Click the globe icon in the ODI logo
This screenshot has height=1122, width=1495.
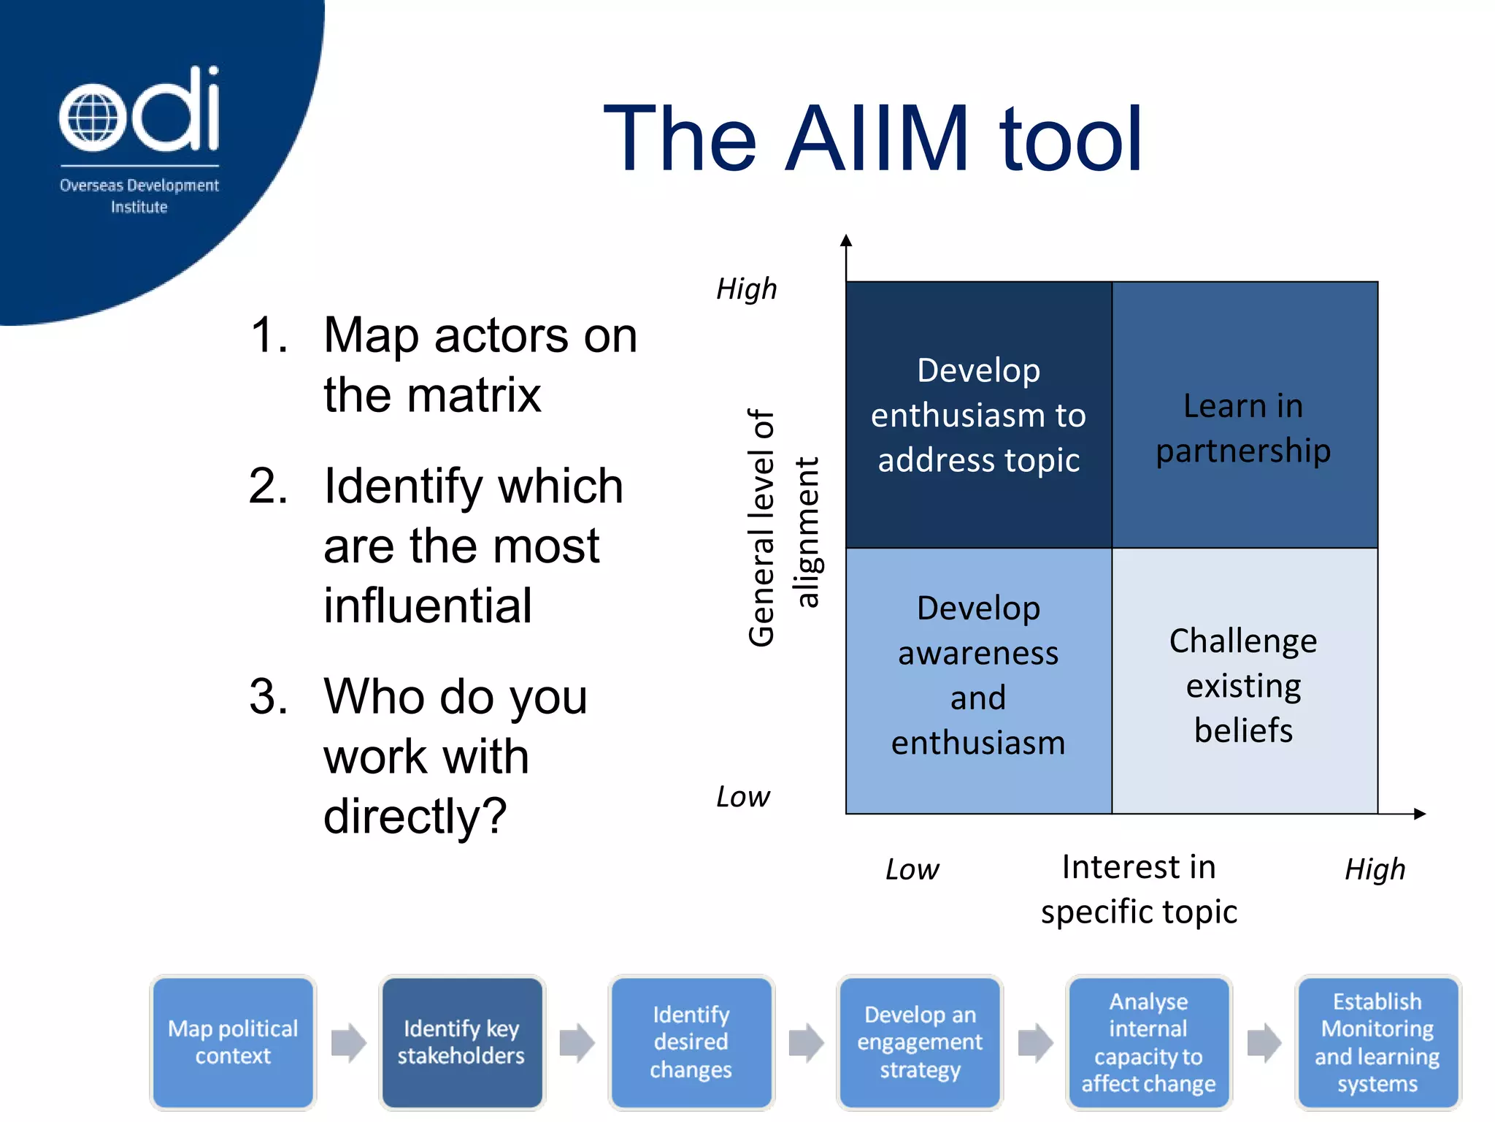[92, 117]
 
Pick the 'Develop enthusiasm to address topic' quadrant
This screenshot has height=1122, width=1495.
[978, 415]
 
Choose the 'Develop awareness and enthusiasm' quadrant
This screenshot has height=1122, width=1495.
[978, 676]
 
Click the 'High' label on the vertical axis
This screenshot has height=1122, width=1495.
[746, 289]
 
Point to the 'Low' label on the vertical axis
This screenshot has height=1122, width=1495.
[742, 797]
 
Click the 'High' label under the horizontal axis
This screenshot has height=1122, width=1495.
[1375, 869]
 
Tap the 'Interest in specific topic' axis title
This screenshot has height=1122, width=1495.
[1139, 889]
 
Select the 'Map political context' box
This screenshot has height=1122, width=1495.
[233, 1042]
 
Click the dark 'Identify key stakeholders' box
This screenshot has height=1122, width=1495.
[461, 1042]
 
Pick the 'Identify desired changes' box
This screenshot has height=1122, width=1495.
[691, 1042]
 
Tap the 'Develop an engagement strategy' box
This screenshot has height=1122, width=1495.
[920, 1042]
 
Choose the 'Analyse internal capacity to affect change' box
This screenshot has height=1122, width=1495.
[1148, 1042]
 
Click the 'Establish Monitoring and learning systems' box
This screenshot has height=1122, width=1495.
[1377, 1042]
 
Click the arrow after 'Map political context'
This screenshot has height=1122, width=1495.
[348, 1042]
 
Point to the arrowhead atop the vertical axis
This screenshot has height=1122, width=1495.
[846, 240]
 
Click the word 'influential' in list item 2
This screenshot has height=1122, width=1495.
[428, 606]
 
